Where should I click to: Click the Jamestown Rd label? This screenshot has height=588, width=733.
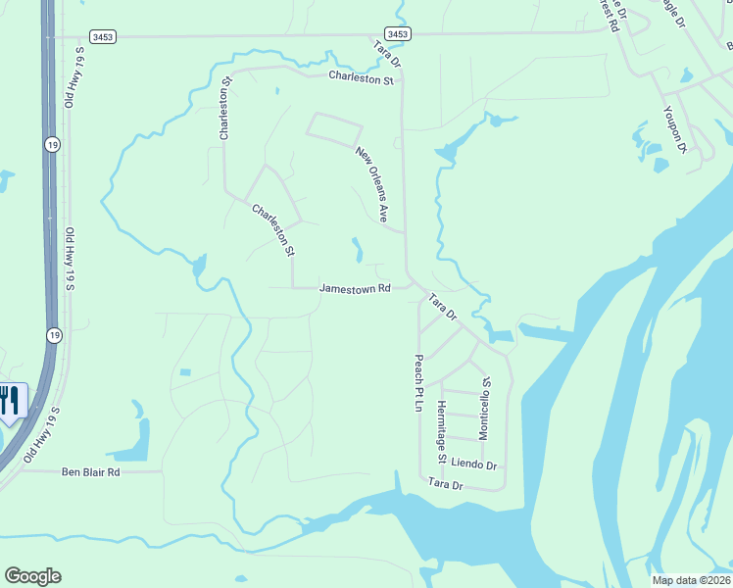356,289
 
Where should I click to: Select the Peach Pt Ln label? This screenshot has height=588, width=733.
418,383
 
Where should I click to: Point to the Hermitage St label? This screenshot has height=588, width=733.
442,432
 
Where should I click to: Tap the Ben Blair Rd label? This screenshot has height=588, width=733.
90,471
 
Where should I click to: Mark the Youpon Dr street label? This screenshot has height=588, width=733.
675,128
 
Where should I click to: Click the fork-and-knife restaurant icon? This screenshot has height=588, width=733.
9,400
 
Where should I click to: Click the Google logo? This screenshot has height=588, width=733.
32,576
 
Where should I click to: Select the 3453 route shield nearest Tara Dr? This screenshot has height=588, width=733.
398,34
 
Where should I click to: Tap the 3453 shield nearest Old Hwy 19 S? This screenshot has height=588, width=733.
102,35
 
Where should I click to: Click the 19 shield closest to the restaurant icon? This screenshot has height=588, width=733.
51,335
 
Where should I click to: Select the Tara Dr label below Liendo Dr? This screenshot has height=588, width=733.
444,484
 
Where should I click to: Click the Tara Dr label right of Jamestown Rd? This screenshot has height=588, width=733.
441,307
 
